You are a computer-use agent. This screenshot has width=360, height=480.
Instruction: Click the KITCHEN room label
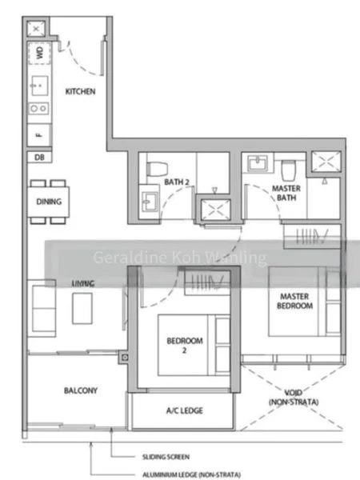point(80,91)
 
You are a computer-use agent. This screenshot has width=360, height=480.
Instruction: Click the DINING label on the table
point(48,202)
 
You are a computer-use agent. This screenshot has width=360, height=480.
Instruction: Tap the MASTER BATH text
point(286,194)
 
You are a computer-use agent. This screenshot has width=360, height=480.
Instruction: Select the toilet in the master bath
point(289,170)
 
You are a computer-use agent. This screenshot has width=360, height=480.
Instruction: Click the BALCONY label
point(80,390)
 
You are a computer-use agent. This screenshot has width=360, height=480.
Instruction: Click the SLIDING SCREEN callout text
point(163,457)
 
